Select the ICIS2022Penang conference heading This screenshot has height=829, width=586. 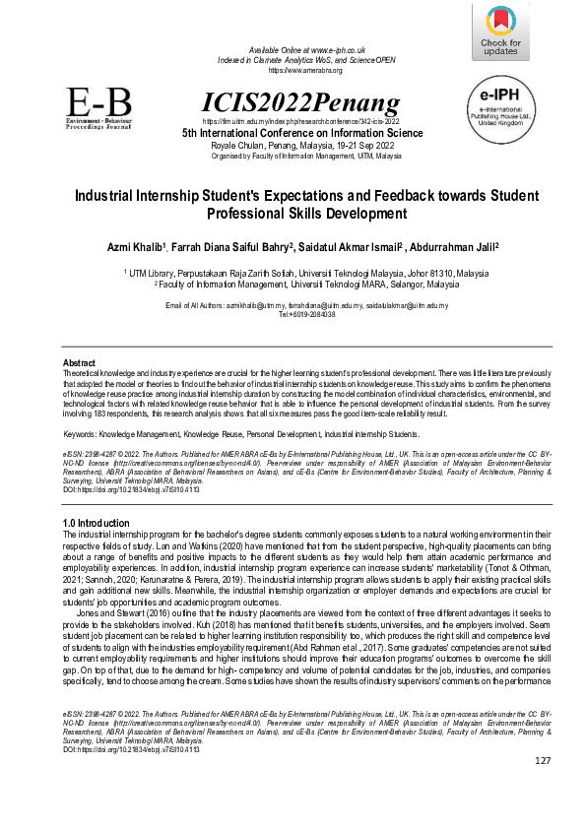click(x=300, y=100)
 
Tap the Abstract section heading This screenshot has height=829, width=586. click(x=79, y=363)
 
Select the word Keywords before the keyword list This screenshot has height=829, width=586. click(x=82, y=433)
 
